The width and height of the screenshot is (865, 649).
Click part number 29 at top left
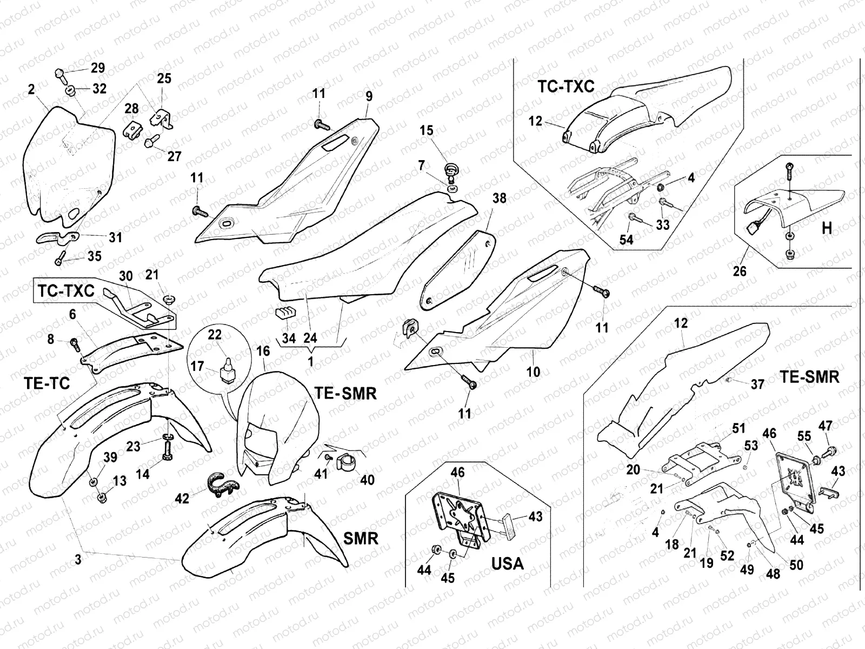[x=97, y=68]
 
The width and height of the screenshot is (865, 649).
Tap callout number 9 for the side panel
[x=369, y=97]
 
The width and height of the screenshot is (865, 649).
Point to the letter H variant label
[x=827, y=228]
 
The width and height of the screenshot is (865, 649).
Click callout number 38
[x=499, y=198]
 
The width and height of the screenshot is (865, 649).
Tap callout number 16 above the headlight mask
[x=263, y=351]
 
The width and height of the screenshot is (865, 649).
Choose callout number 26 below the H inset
[x=739, y=270]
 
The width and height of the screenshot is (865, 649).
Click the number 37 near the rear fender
[x=757, y=384]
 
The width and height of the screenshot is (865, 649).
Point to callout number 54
[x=626, y=239]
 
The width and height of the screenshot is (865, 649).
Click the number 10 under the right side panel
[x=533, y=372]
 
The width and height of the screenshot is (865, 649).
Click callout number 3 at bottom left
[x=78, y=560]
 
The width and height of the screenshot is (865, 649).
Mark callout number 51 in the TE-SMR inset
[x=738, y=428]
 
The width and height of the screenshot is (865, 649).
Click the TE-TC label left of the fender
[x=47, y=383]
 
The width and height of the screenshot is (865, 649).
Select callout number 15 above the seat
[x=427, y=130]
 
